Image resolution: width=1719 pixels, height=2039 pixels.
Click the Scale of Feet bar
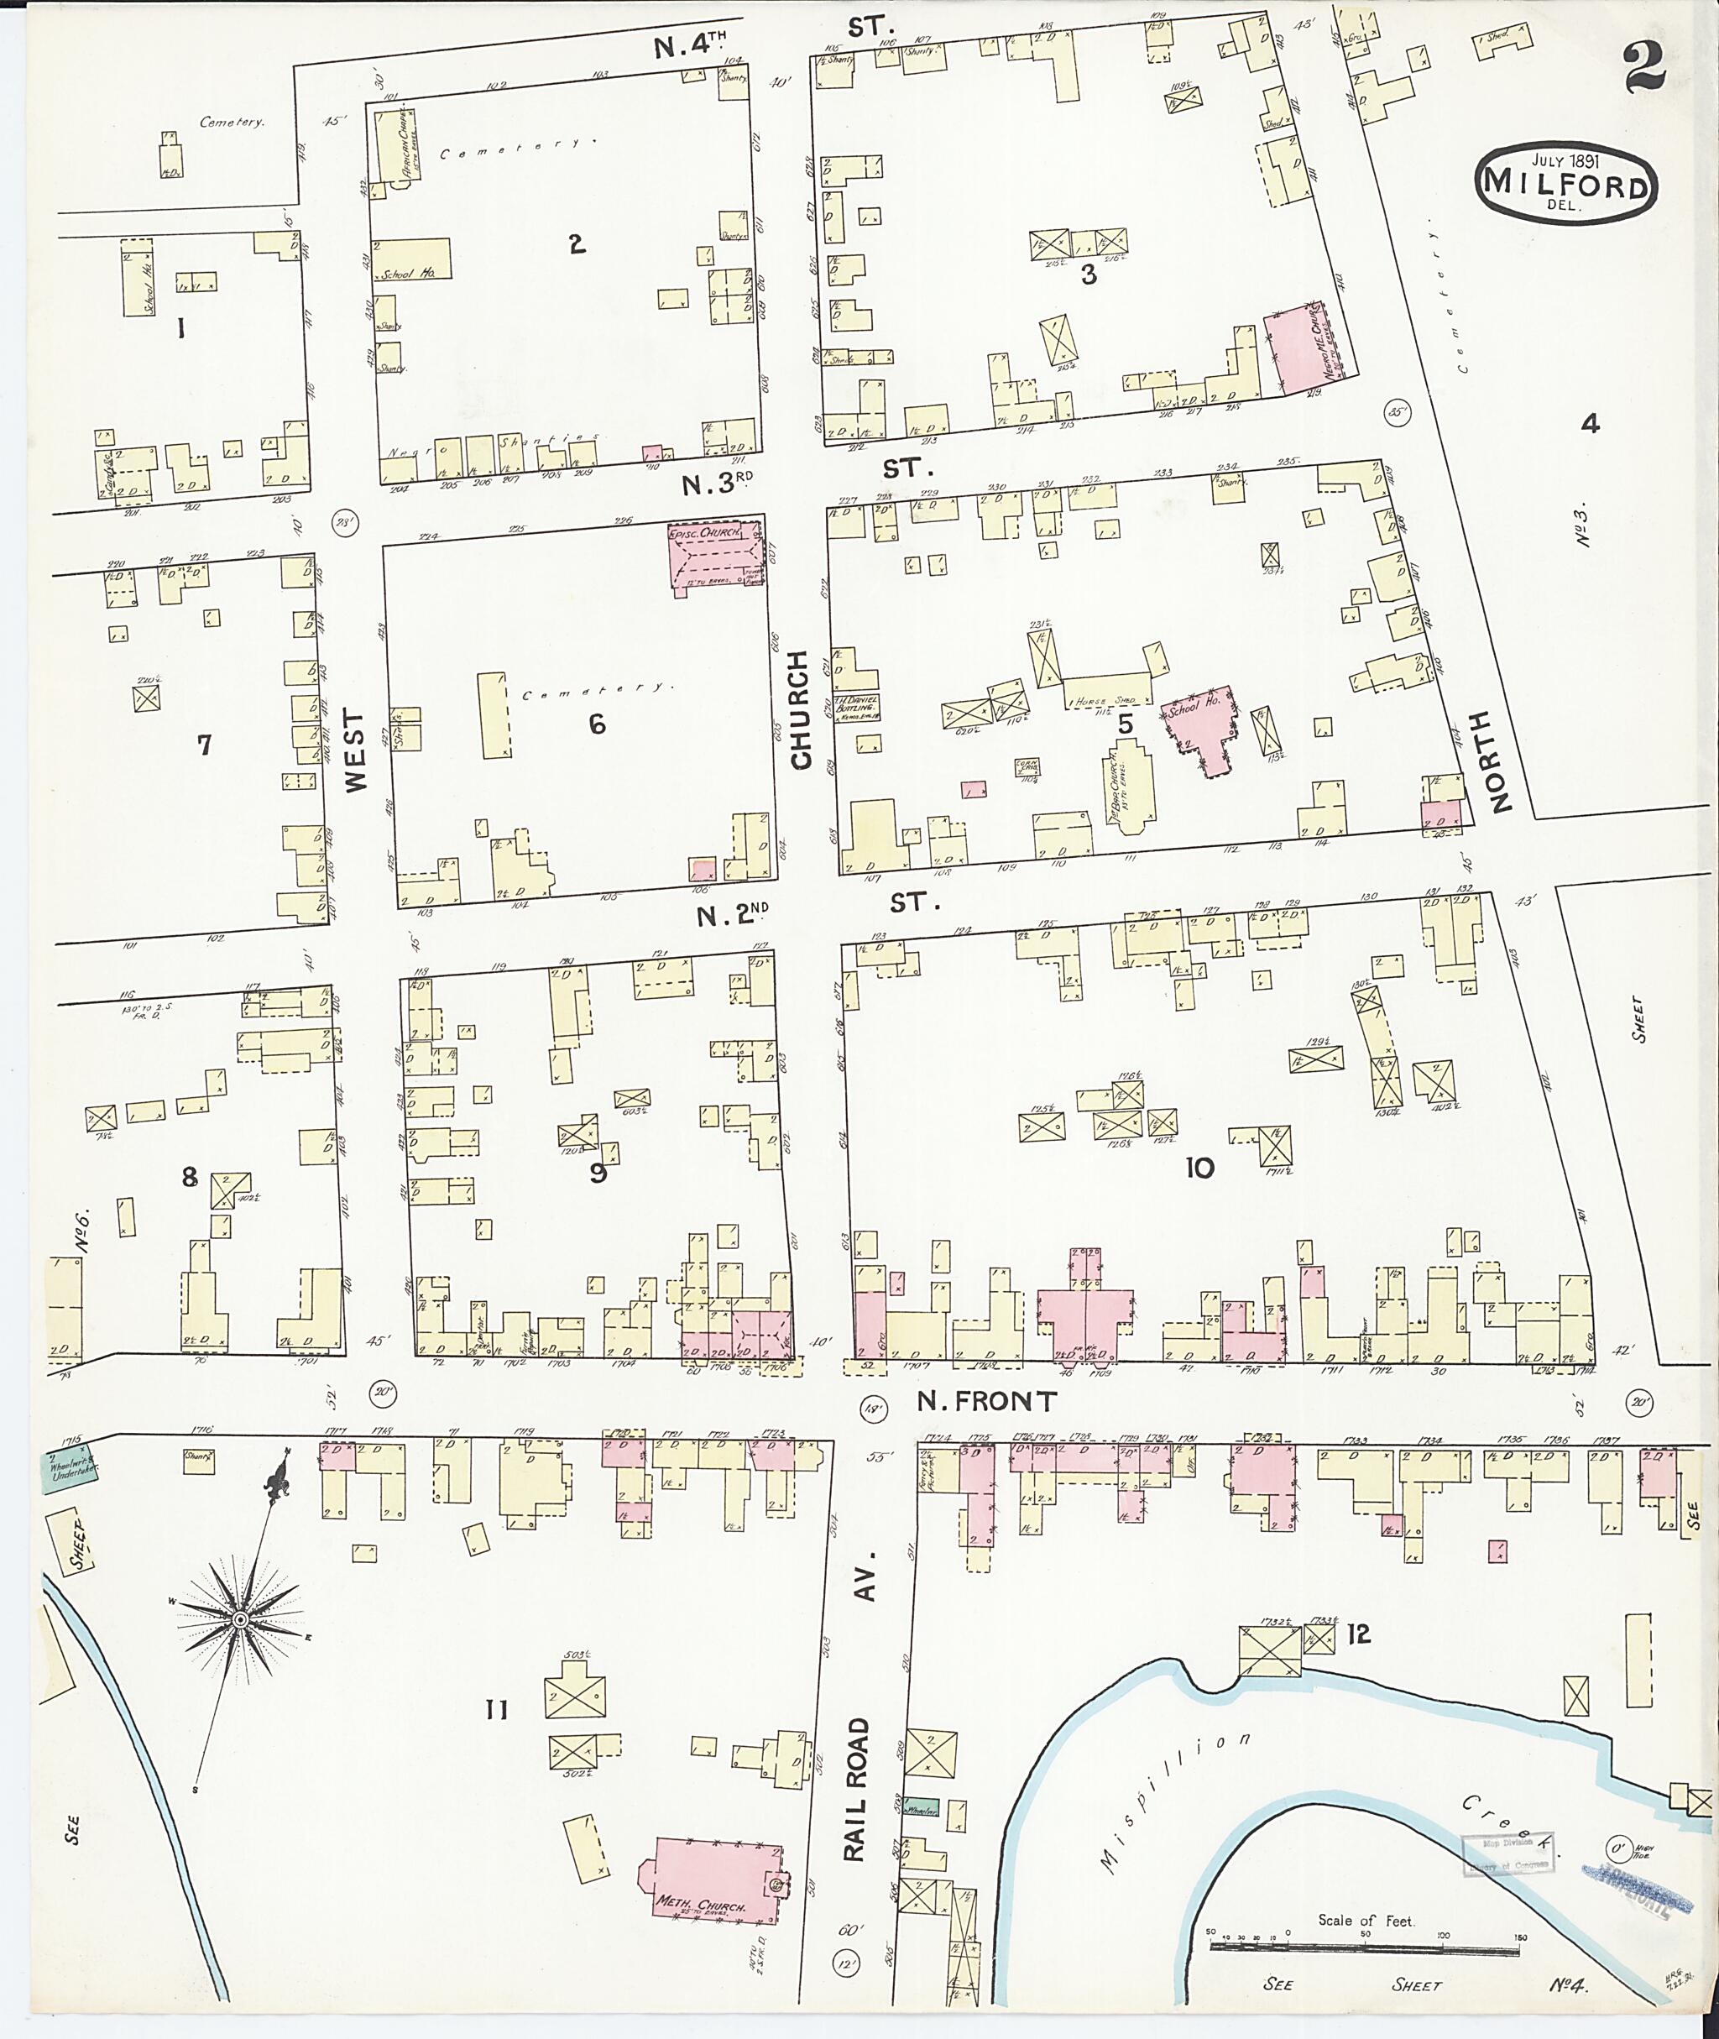coord(1364,1948)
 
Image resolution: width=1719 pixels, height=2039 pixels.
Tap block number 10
coord(1199,1168)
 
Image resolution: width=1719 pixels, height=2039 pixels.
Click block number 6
coord(597,724)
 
